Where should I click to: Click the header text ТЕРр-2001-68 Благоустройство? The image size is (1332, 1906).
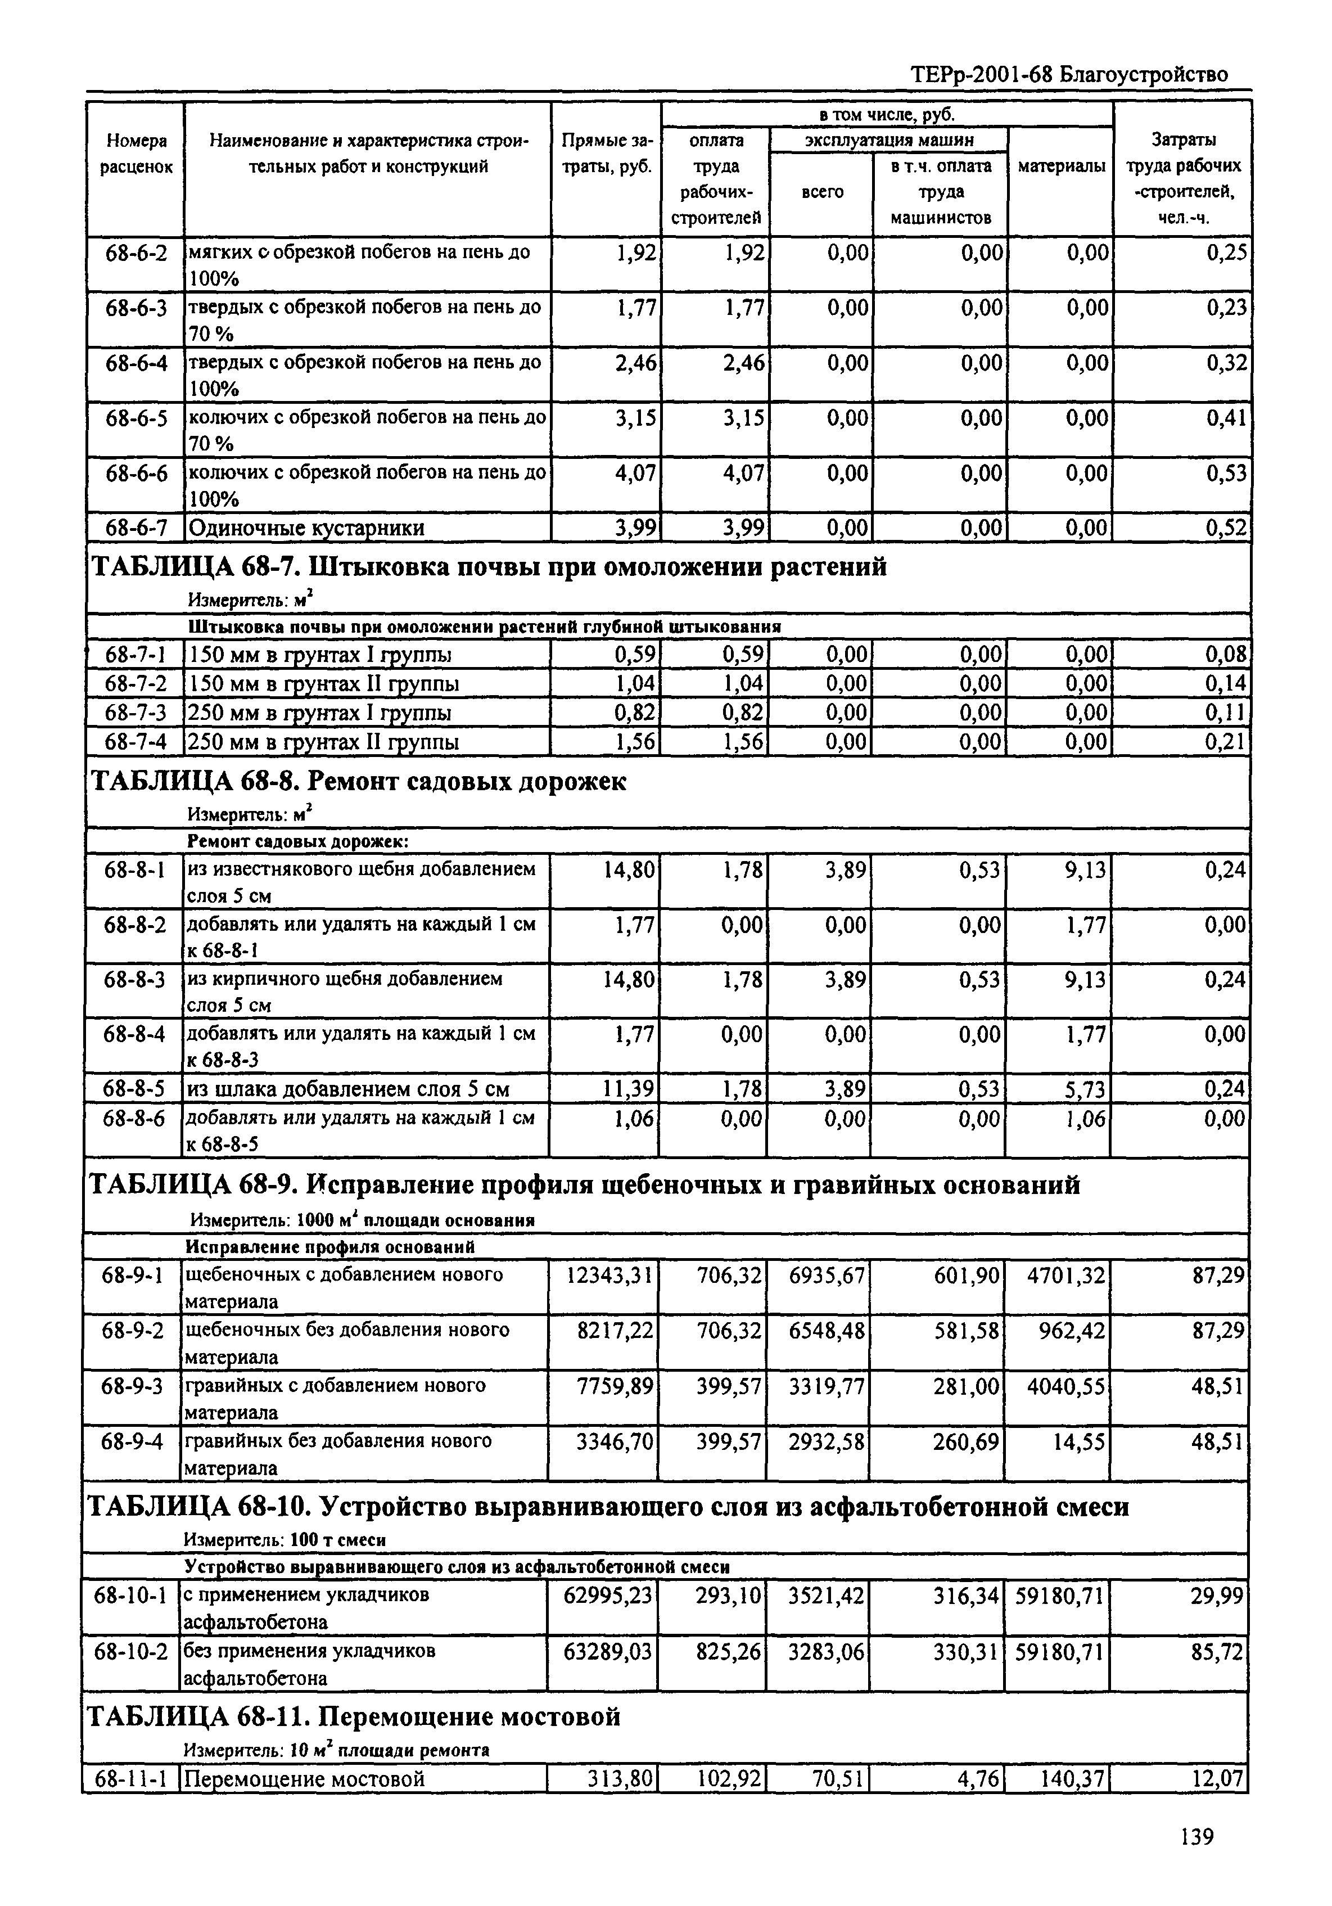pos(1069,75)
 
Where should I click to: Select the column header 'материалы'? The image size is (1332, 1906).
pos(1060,166)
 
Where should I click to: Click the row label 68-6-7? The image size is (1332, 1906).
pos(136,528)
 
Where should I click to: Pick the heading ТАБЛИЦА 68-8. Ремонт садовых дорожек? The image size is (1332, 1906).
pos(358,781)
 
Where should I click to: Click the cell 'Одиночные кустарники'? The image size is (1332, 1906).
pos(307,528)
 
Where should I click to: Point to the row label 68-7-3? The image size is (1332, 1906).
pos(136,713)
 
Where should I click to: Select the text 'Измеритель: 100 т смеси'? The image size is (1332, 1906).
pos(284,1540)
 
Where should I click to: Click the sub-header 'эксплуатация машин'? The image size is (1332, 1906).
pos(889,139)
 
